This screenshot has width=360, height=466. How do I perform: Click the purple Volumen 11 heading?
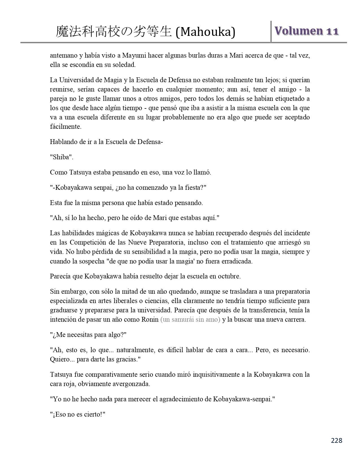click(x=306, y=31)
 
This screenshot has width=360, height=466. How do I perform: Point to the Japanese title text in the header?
click(x=114, y=32)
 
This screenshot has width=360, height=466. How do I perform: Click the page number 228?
click(x=337, y=440)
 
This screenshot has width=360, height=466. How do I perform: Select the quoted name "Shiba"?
click(x=62, y=157)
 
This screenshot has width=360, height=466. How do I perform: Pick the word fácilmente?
click(x=66, y=127)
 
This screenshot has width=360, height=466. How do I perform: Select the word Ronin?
click(x=150, y=320)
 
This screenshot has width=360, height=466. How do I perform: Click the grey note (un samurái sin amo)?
click(x=190, y=320)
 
